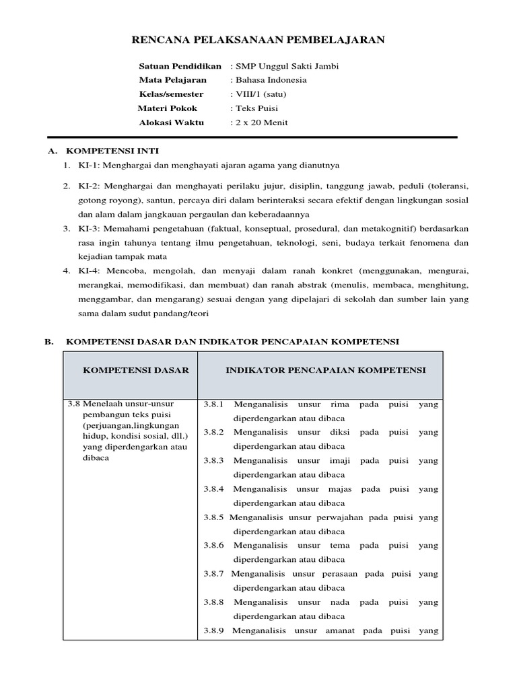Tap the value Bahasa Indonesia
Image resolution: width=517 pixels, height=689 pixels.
click(270, 80)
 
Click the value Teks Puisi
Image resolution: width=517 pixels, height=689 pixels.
click(256, 108)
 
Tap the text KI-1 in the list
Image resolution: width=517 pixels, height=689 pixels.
click(86, 165)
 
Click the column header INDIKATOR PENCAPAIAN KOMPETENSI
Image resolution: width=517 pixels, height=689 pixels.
click(325, 370)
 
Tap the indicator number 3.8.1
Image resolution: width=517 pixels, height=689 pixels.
click(213, 404)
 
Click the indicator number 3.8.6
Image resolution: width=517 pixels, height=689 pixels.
click(213, 546)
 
